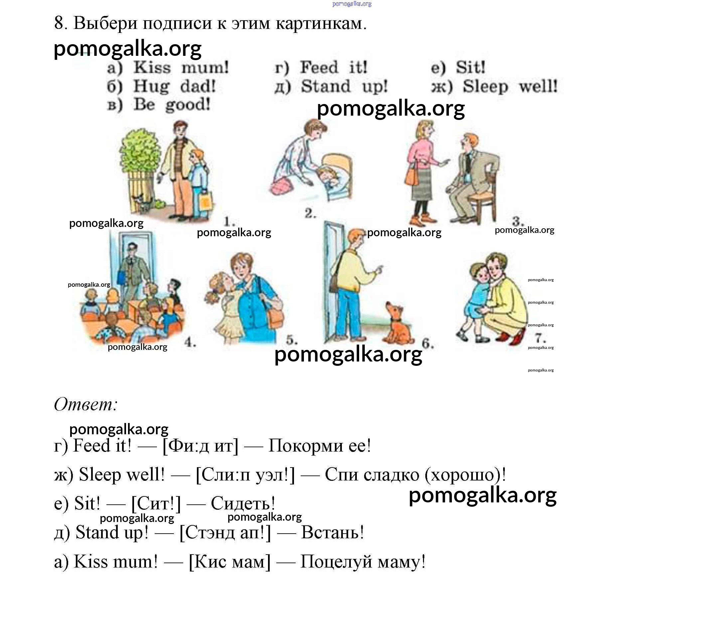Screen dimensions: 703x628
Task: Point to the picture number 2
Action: click(x=310, y=213)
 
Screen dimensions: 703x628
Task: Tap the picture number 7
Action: click(x=540, y=338)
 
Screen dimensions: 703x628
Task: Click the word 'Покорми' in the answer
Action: click(x=305, y=446)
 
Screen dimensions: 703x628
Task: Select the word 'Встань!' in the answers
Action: click(x=333, y=532)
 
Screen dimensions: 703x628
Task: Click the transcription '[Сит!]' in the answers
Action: click(x=156, y=503)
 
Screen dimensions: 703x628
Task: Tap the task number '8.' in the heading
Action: click(x=61, y=23)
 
